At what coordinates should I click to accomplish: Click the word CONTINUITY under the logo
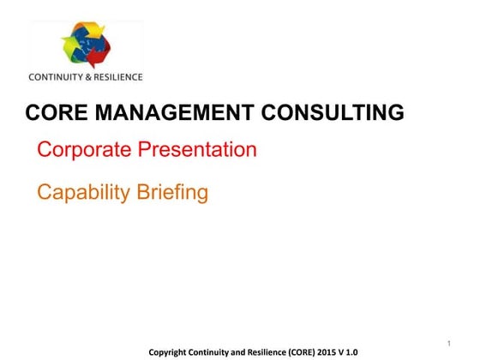click(x=56, y=76)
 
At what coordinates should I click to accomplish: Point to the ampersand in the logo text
click(x=88, y=76)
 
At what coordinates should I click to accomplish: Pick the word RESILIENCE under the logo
click(x=117, y=76)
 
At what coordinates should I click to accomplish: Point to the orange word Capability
click(x=81, y=192)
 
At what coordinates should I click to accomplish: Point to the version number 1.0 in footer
click(x=351, y=352)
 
